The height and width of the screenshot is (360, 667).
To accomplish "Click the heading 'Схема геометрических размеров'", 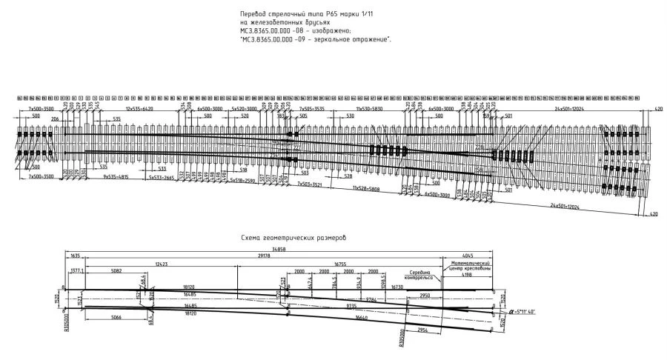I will click(x=294, y=238).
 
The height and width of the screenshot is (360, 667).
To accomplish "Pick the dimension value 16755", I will click(x=340, y=264).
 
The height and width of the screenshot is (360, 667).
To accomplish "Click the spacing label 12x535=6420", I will click(x=139, y=109).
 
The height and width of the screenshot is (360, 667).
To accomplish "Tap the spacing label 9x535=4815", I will click(x=116, y=178).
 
